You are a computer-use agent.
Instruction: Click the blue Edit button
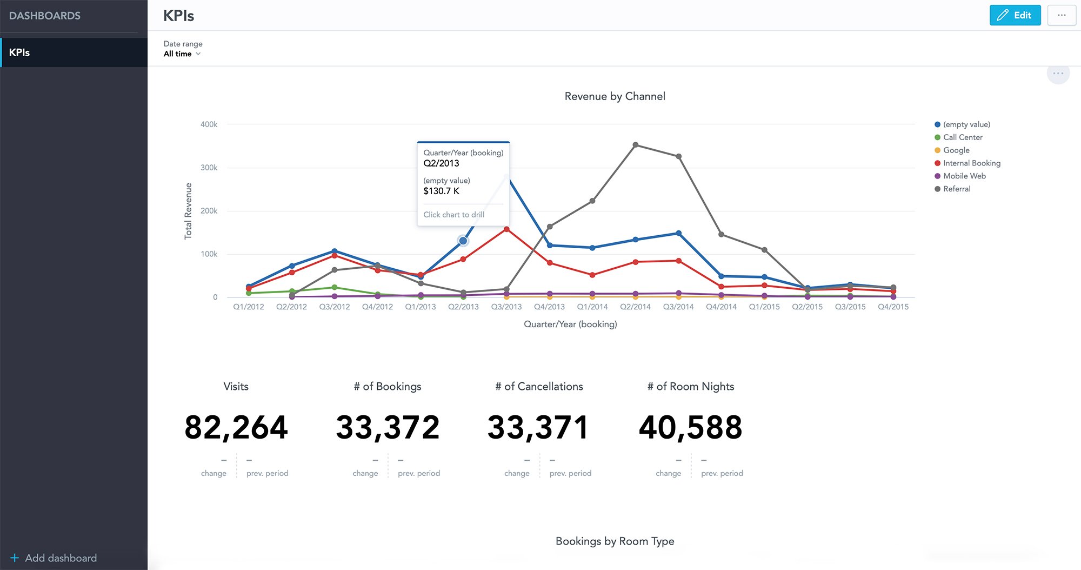pos(1015,15)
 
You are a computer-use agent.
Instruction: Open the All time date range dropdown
pos(182,54)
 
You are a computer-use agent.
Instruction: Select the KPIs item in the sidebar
pos(74,52)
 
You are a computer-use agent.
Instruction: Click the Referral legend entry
pos(956,189)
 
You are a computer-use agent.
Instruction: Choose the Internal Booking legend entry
pos(971,163)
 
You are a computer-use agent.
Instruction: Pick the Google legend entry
pos(956,150)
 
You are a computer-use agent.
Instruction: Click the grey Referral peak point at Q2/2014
pos(635,145)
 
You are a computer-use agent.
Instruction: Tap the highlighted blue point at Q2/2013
pos(463,241)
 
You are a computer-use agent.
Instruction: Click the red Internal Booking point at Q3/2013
pos(506,229)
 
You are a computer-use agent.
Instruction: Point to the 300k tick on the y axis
pos(209,168)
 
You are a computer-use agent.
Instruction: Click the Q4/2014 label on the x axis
pos(721,307)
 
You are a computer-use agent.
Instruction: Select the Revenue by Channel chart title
pos(615,96)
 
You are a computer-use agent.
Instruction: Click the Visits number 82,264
pos(236,427)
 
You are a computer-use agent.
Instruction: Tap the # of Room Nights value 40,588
pos(690,427)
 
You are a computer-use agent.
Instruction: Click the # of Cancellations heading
pos(539,386)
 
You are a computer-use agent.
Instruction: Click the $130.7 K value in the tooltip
pos(441,191)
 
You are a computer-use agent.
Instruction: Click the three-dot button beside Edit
pos(1061,15)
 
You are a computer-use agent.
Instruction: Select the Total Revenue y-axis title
pos(188,211)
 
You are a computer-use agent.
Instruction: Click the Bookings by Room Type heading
pos(615,541)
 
